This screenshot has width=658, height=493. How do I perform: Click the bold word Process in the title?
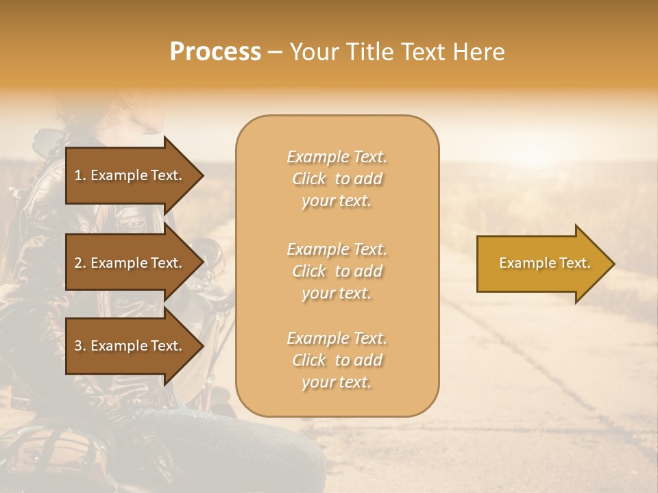click(x=215, y=52)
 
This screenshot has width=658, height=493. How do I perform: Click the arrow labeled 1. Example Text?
click(x=130, y=175)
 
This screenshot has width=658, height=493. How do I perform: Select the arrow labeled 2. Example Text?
click(x=130, y=263)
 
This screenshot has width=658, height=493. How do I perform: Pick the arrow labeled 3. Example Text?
click(x=130, y=346)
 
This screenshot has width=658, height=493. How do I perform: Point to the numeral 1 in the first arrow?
click(x=77, y=175)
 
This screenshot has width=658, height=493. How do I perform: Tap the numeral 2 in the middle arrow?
click(x=78, y=263)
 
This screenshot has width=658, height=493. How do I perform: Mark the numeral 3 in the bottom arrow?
click(x=78, y=346)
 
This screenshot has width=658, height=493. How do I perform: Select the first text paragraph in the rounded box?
click(x=337, y=179)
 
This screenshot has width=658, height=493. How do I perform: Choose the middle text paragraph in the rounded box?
click(x=337, y=271)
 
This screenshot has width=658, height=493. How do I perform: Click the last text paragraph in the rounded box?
click(x=337, y=360)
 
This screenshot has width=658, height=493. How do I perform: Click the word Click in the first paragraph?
click(x=309, y=179)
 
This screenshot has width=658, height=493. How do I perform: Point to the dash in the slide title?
click(x=275, y=52)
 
